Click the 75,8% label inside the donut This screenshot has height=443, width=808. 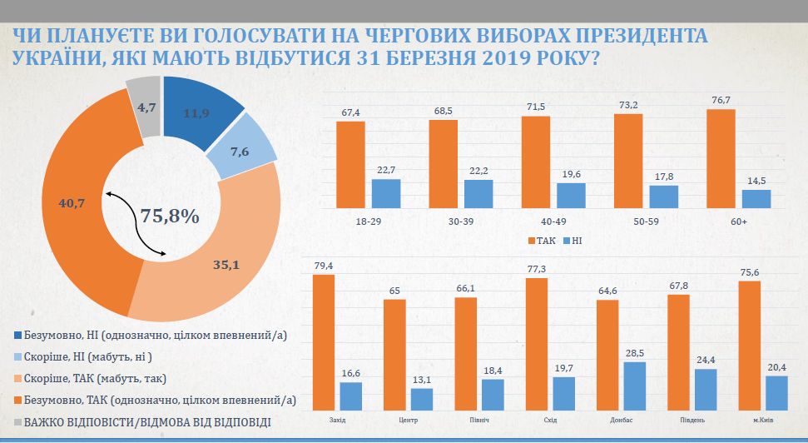tap(169, 217)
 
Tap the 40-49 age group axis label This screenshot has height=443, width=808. tap(535, 222)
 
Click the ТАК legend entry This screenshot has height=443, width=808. tap(543, 240)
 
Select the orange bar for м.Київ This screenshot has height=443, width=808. tap(750, 345)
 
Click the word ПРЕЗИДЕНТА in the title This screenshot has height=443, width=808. tap(627, 37)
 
